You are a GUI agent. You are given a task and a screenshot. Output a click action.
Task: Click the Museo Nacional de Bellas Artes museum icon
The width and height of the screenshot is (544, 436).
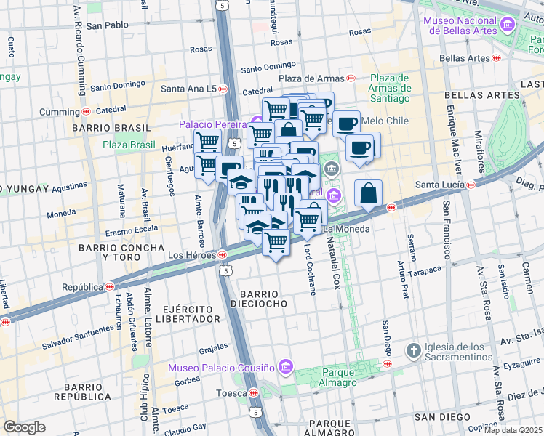pos(507,25)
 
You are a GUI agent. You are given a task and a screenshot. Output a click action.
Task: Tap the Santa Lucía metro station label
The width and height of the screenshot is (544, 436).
pos(440,185)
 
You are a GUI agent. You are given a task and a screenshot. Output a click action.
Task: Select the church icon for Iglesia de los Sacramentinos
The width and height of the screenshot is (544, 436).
pos(413,351)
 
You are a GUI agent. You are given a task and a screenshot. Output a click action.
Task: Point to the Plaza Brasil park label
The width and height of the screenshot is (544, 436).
pos(129,145)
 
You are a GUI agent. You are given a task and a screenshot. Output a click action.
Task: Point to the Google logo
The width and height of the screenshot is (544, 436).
pos(24,427)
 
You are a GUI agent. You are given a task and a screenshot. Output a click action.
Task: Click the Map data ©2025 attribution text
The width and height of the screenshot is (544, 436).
pos(513,430)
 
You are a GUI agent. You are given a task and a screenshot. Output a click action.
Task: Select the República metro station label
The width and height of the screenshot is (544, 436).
pos(82,286)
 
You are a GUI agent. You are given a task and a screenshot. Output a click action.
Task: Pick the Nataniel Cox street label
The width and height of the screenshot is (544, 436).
pos(335,267)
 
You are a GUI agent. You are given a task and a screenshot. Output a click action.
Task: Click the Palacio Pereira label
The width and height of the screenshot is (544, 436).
pos(214,124)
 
